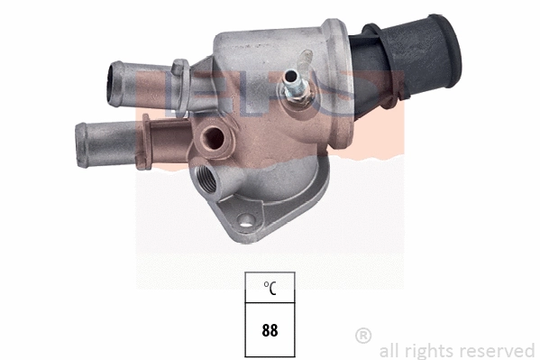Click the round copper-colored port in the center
tap(215, 137)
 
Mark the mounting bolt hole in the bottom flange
tap(245, 218)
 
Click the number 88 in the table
tap(270, 329)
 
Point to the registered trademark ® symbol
tap(364, 336)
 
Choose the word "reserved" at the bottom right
tap(499, 350)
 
